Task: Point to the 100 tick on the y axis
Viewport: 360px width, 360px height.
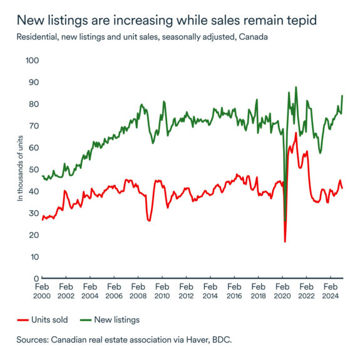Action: [31, 61]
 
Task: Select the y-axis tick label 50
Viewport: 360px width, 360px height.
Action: [33, 170]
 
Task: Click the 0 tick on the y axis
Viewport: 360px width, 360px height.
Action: [36, 279]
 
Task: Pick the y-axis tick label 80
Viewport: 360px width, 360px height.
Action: [33, 105]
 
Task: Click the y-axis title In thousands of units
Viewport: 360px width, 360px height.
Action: [20, 170]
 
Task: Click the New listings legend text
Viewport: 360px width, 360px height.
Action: [117, 320]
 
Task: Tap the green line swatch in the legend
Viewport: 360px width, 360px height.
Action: [86, 320]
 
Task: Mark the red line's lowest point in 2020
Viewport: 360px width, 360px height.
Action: [285, 241]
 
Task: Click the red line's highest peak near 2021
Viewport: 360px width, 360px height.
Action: [296, 133]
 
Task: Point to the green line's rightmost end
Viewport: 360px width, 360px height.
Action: [342, 96]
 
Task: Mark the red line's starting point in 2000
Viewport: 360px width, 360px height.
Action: [42, 219]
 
